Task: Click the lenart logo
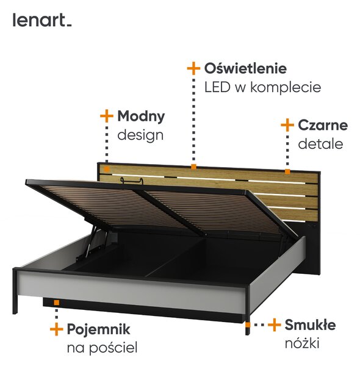[x=42, y=20]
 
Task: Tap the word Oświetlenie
[x=245, y=68]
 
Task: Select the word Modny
[x=141, y=117]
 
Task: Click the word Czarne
[x=323, y=125]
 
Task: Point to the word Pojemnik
[x=98, y=329]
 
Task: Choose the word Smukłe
[x=310, y=325]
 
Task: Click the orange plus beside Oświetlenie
[x=193, y=68]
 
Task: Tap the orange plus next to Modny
[x=107, y=116]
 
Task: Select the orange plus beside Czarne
[x=287, y=125]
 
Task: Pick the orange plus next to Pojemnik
[x=57, y=329]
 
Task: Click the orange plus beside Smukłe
[x=275, y=325]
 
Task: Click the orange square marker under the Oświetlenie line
[x=193, y=167]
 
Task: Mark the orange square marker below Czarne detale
[x=287, y=172]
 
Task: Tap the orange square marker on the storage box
[x=57, y=303]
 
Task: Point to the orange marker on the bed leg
[x=248, y=325]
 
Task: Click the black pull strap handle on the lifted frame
[x=131, y=181]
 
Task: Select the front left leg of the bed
[x=15, y=292]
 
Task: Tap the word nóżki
[x=302, y=343]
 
